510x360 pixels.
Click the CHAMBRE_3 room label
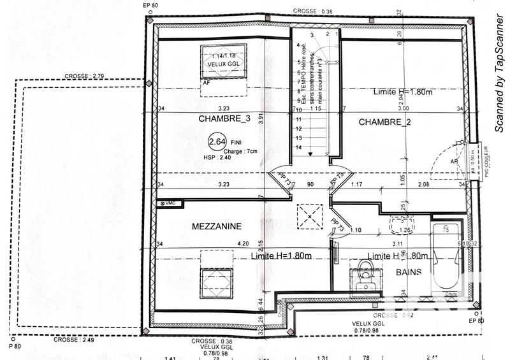coord(207,119)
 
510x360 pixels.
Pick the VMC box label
coord(168,203)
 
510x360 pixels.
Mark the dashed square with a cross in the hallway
coord(310,215)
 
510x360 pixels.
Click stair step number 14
coord(298,147)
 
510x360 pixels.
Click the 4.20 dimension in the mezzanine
coord(242,243)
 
